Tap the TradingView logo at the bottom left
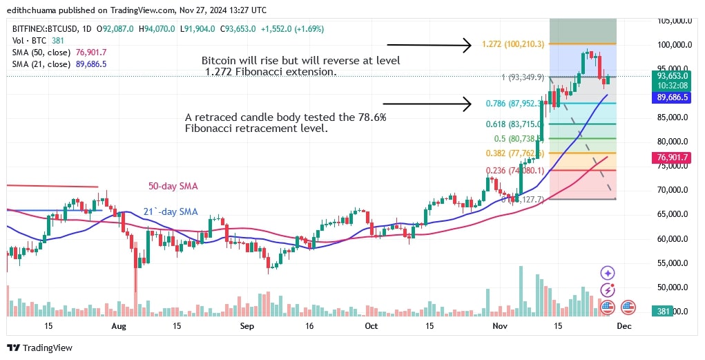pyautogui.click(x=40, y=348)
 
